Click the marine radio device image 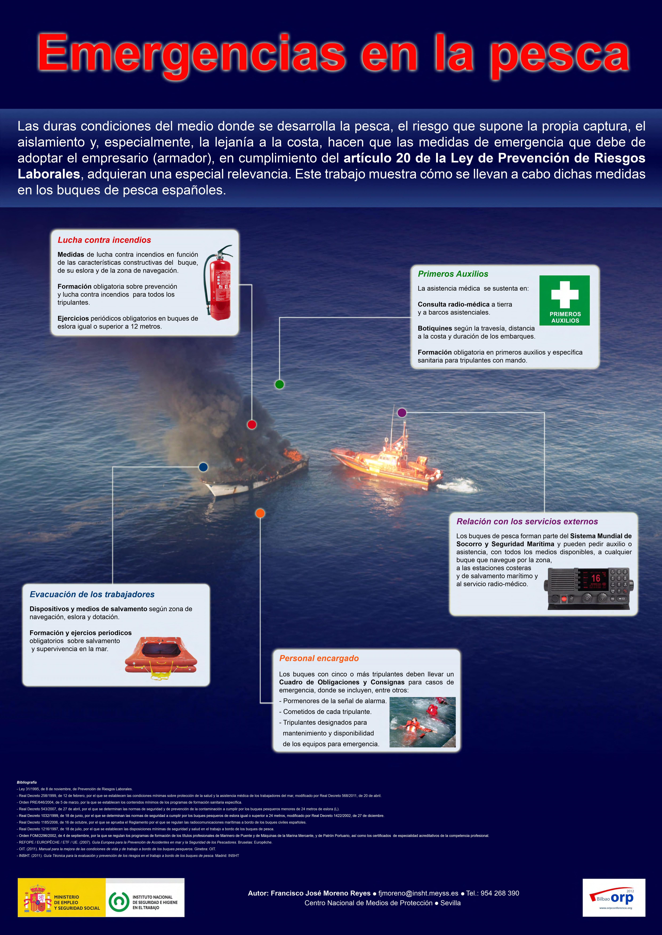[588, 588]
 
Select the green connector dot [279, 384]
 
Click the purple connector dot [402, 413]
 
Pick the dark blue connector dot [203, 467]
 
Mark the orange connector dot [260, 513]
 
